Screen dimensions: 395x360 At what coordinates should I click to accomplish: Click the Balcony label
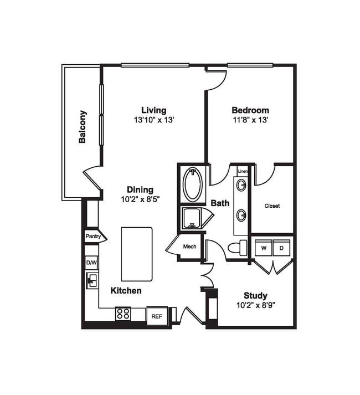click(x=83, y=127)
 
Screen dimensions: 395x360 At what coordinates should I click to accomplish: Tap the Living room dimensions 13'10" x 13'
click(x=153, y=120)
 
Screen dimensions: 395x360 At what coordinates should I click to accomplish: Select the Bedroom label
click(x=250, y=110)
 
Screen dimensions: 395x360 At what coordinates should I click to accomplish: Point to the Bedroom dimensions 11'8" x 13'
click(x=250, y=120)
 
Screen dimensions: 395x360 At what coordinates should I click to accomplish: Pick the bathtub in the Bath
click(x=193, y=185)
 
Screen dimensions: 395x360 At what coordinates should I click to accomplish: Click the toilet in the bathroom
click(x=238, y=248)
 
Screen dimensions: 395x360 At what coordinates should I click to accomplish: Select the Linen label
click(x=243, y=172)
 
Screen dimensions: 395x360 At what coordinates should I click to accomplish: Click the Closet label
click(x=272, y=206)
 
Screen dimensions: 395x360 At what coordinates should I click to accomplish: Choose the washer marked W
click(x=264, y=247)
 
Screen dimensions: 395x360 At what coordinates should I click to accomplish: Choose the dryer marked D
click(x=281, y=247)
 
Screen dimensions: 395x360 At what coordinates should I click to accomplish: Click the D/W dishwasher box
click(x=91, y=263)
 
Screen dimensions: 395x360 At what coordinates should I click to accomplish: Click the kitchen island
click(x=137, y=254)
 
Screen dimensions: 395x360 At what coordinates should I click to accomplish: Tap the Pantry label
click(x=92, y=237)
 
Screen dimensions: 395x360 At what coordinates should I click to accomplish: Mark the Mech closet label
click(x=190, y=247)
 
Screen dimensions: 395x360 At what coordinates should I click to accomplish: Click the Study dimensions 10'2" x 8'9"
click(x=255, y=305)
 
